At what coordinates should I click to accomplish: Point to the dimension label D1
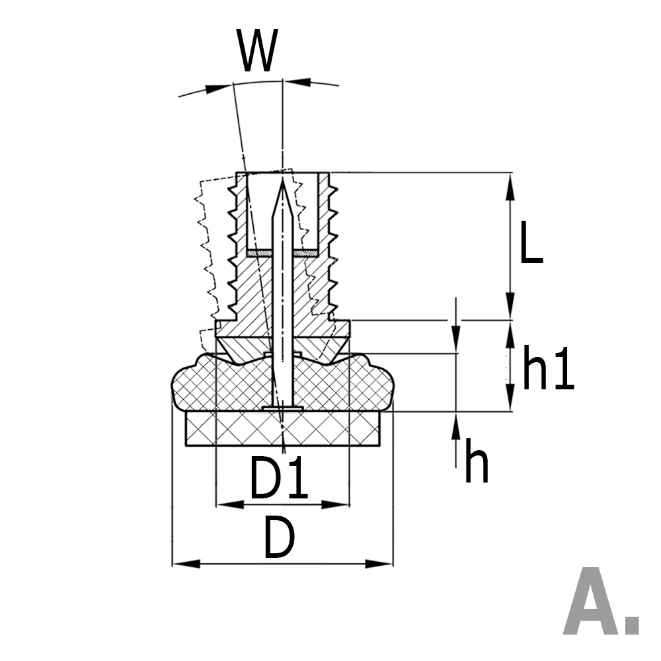(278, 479)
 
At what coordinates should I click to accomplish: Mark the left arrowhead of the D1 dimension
(226, 504)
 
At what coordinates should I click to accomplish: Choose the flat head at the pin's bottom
(282, 408)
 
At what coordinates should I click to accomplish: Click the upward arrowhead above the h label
(455, 423)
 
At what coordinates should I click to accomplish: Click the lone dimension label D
(278, 538)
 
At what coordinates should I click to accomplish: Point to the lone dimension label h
(476, 463)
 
